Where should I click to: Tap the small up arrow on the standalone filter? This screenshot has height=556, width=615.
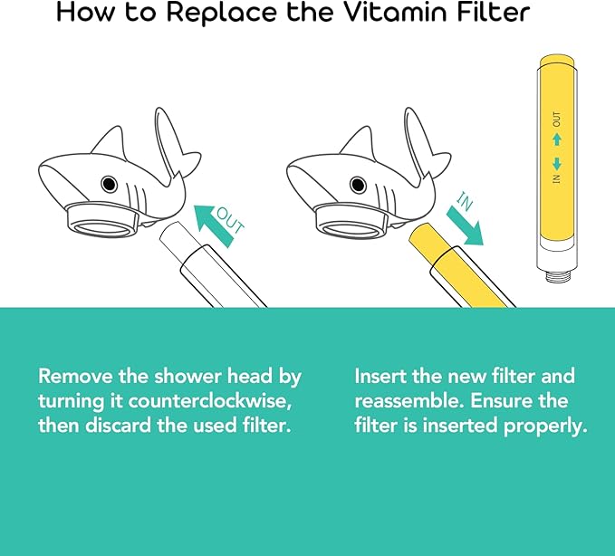[x=557, y=139]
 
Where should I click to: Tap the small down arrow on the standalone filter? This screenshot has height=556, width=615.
[x=557, y=163]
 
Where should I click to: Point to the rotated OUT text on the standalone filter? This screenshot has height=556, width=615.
[x=557, y=119]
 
